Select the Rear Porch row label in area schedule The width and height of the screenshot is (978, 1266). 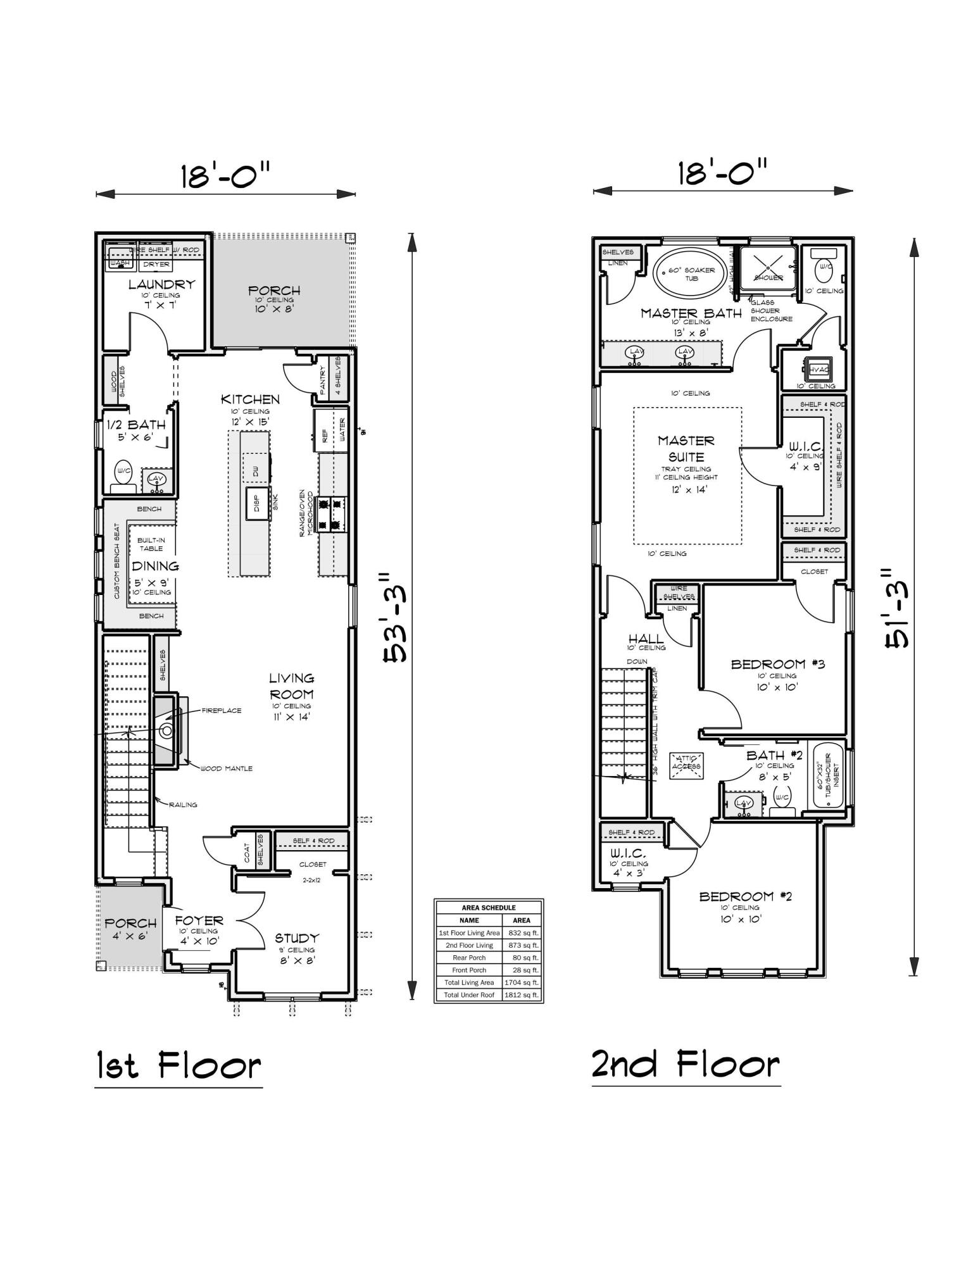pyautogui.click(x=469, y=958)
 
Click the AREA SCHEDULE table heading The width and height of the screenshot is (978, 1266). pyautogui.click(x=488, y=908)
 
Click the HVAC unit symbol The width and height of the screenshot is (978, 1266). pyautogui.click(x=818, y=368)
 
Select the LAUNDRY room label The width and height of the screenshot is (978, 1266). pyautogui.click(x=161, y=284)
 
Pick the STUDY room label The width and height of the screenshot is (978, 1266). pyautogui.click(x=296, y=938)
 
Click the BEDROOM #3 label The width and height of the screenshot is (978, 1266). pyautogui.click(x=777, y=664)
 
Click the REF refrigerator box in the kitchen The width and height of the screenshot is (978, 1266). pyautogui.click(x=325, y=436)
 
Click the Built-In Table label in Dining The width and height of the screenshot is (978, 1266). pyautogui.click(x=151, y=544)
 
